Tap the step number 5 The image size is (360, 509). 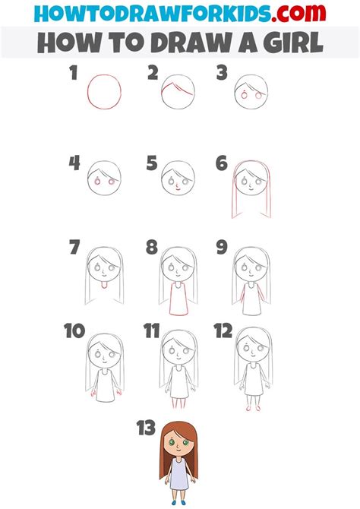click(x=152, y=163)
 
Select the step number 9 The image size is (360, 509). click(x=222, y=247)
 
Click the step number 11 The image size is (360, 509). click(x=151, y=331)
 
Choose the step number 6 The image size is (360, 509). click(x=222, y=163)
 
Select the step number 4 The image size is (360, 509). click(x=74, y=163)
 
